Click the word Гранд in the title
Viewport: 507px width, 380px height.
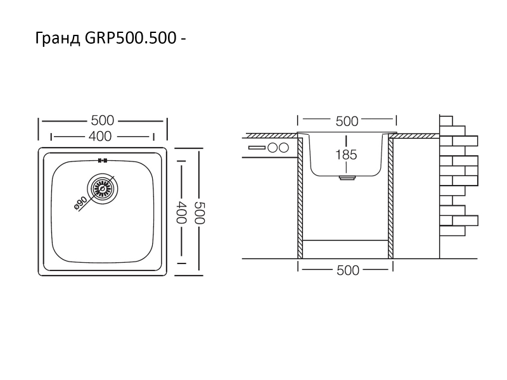pyautogui.click(x=56, y=39)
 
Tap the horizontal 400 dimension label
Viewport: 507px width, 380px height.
pyautogui.click(x=102, y=136)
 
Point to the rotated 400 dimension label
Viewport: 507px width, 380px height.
pyautogui.click(x=183, y=211)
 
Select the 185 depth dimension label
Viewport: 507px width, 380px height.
pyautogui.click(x=347, y=154)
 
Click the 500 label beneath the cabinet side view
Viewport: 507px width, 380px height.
pyautogui.click(x=347, y=270)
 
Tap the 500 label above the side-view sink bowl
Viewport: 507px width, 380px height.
pyautogui.click(x=347, y=121)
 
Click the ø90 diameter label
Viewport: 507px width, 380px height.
pyautogui.click(x=81, y=204)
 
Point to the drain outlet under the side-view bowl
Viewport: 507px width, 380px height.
pyautogui.click(x=347, y=179)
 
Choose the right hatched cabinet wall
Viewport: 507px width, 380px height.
pyautogui.click(x=391, y=196)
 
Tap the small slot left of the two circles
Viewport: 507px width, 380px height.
pyautogui.click(x=257, y=148)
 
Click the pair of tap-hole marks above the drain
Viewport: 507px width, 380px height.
pyautogui.click(x=101, y=160)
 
